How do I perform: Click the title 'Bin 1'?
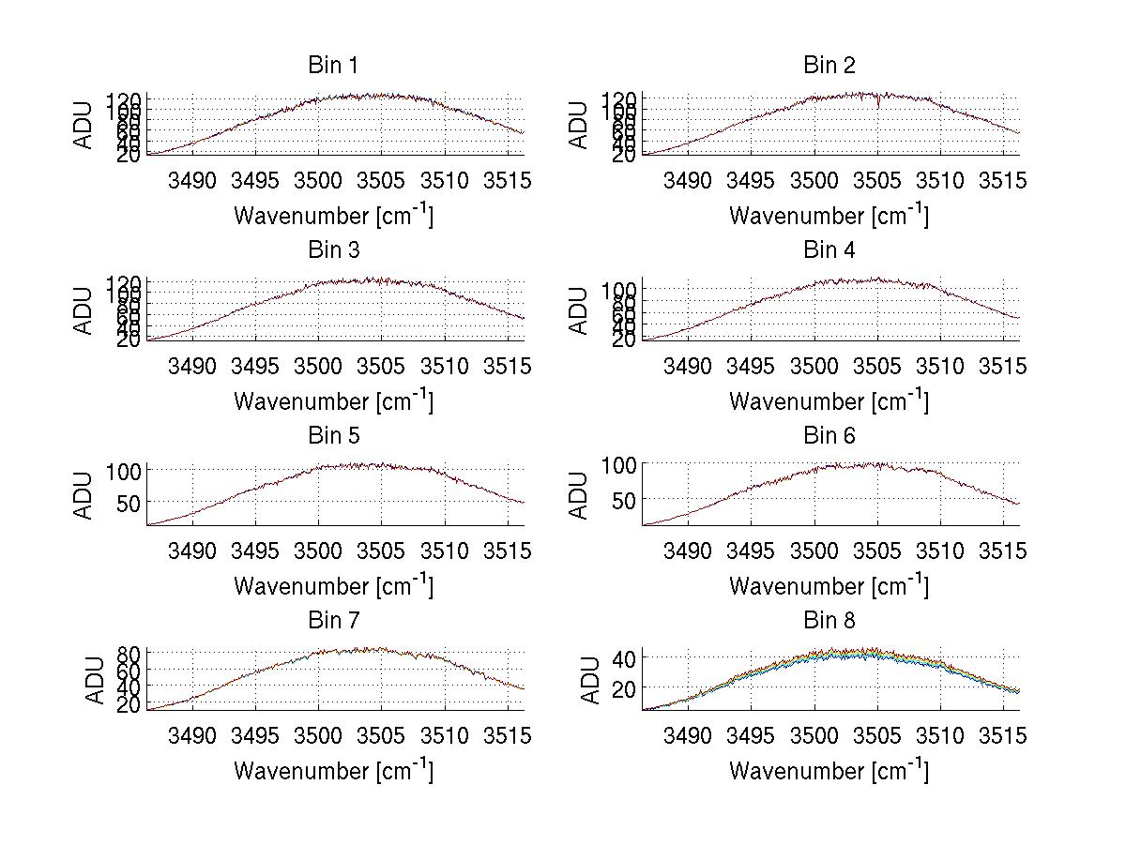pos(333,66)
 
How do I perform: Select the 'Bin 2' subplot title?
pos(829,66)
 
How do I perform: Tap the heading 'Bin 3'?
pos(333,250)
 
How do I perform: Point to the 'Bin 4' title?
pos(829,250)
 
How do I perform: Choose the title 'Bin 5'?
pos(333,436)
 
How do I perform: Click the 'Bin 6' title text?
pos(829,436)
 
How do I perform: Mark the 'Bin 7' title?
pos(333,621)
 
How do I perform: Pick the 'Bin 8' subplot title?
pos(829,621)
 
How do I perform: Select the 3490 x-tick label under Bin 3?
pos(192,366)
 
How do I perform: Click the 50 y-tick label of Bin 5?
pos(128,503)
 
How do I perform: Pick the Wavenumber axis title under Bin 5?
pos(333,586)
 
